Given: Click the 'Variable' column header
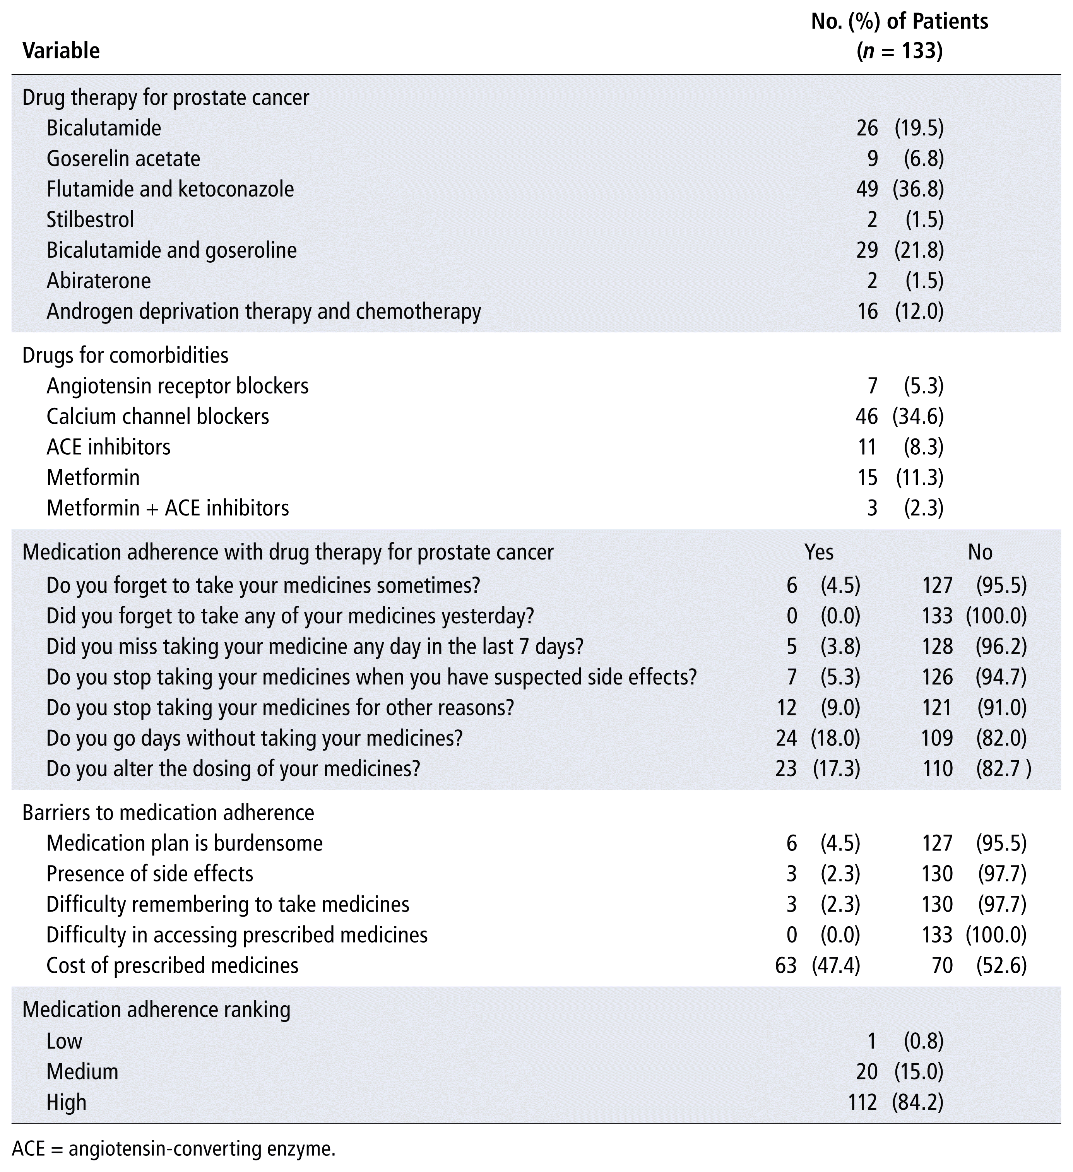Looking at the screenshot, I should point(61,51).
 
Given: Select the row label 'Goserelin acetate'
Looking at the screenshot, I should point(123,159).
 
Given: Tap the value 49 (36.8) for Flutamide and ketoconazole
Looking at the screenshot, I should point(900,190).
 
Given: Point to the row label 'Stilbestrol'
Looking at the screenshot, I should point(90,220).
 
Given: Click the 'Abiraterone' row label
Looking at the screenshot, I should point(99,281).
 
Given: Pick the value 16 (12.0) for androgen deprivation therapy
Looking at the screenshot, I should point(900,311).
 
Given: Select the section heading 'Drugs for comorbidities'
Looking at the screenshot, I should point(125,355).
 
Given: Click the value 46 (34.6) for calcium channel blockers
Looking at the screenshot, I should point(900,417).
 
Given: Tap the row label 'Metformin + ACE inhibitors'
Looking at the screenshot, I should point(168,508).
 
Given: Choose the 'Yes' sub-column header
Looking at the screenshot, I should point(818,552).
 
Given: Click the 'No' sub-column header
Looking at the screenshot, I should point(980,552).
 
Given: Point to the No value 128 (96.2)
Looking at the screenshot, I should point(974,647).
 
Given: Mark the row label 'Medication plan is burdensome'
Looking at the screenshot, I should point(184,843).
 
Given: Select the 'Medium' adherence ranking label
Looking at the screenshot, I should point(82,1071).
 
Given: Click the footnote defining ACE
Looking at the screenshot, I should point(173,1149).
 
